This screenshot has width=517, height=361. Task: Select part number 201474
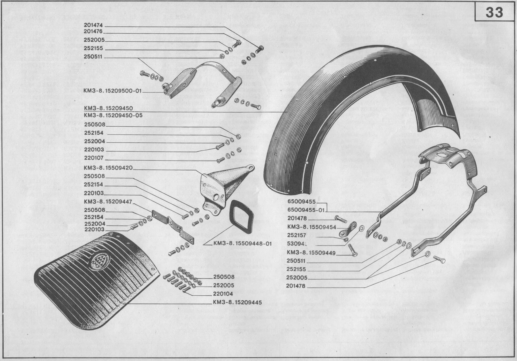(93, 25)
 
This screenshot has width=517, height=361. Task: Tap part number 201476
(93, 32)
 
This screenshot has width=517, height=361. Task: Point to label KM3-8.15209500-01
(113, 91)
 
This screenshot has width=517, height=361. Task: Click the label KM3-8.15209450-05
(113, 115)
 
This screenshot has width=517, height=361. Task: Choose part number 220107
(94, 158)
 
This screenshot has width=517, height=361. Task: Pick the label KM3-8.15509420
(108, 168)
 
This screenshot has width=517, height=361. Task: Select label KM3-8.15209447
(108, 202)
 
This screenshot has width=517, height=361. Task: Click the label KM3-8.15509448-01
(242, 243)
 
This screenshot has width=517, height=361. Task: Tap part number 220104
(223, 294)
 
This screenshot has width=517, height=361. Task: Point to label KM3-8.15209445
(238, 302)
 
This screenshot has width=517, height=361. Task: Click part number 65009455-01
(306, 210)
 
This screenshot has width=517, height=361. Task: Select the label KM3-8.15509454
(312, 227)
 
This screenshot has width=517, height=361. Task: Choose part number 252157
(296, 235)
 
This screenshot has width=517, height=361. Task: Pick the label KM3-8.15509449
(311, 253)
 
